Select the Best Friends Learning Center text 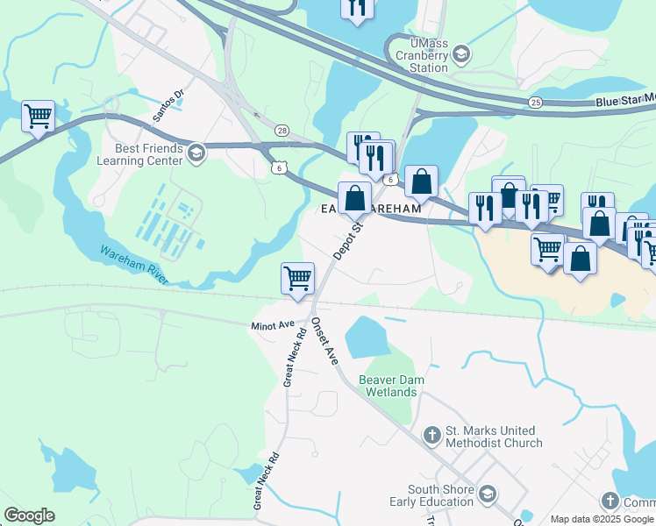click(146, 154)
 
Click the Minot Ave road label click(274, 324)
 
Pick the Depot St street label click(347, 239)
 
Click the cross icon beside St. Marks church click(431, 434)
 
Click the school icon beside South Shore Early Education click(487, 496)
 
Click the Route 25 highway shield click(536, 103)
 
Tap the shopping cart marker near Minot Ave click(297, 279)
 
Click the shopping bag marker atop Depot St click(354, 197)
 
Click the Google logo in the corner click(29, 515)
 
